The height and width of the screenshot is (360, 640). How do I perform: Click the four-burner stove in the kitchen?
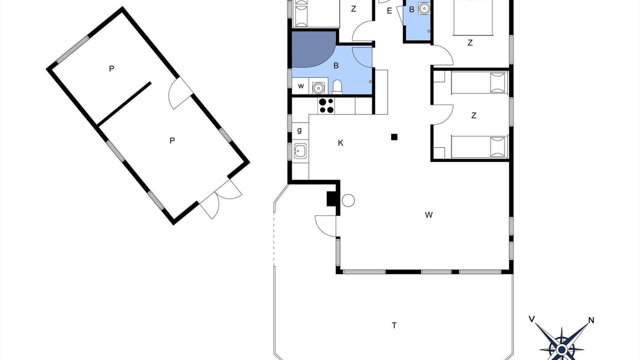tap(326, 105)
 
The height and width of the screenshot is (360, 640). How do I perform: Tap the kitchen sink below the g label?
tap(300, 150)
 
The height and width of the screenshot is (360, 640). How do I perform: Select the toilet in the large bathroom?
tap(337, 87)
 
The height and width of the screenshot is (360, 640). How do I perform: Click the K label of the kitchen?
tap(340, 143)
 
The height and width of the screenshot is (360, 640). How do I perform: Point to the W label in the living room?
tap(428, 215)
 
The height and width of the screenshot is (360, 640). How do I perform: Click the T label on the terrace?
tap(394, 325)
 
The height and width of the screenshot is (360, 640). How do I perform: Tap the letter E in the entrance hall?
tap(389, 11)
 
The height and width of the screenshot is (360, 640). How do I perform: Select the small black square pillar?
tap(394, 137)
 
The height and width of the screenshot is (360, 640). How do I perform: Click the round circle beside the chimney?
tap(348, 200)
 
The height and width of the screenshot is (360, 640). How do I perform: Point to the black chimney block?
tap(331, 198)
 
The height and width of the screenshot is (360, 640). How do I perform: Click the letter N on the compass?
tap(591, 320)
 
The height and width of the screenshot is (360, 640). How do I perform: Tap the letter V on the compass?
tap(531, 319)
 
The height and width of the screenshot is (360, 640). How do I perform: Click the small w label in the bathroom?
tap(300, 86)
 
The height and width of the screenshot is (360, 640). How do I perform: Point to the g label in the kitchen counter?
tap(299, 130)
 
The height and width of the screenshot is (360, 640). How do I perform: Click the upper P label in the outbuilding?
tap(111, 68)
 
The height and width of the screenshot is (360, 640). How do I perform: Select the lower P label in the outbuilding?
tap(172, 140)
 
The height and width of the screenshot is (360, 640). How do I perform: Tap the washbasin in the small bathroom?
tap(424, 8)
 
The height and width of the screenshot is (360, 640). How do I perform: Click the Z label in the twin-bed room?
tap(473, 115)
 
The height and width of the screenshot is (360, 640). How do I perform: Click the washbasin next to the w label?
tap(318, 87)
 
